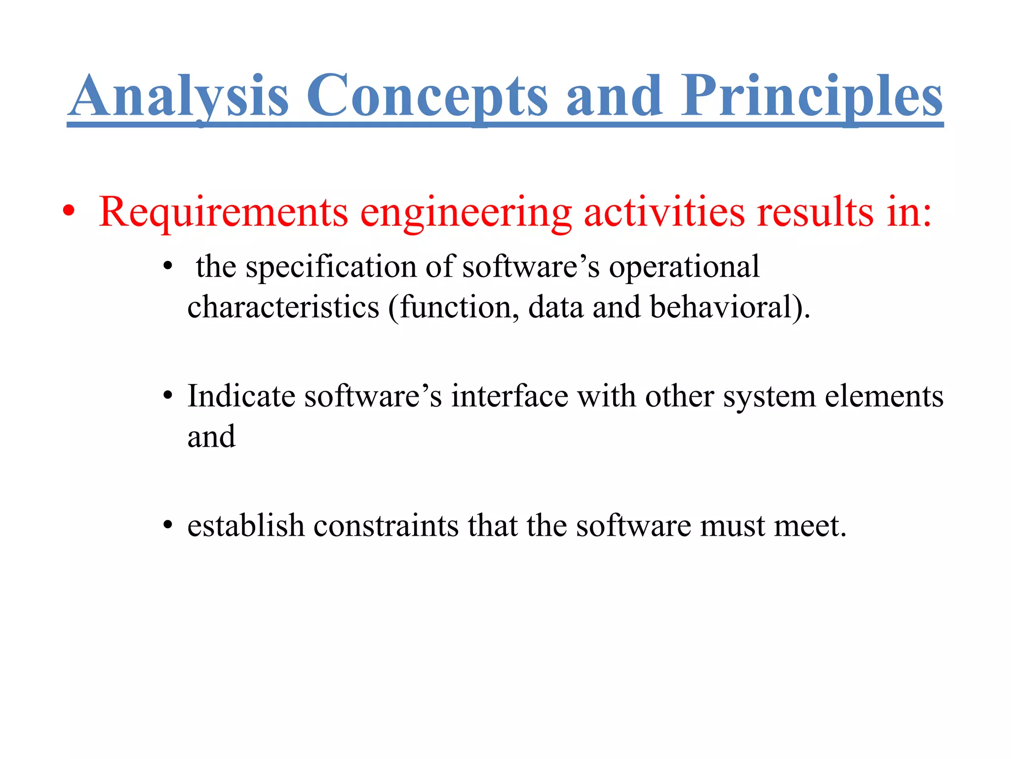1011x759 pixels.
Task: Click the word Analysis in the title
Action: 178,96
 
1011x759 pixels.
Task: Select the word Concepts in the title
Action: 427,96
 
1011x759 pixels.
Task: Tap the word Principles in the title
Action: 812,96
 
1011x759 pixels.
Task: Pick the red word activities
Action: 664,212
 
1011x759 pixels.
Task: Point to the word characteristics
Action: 283,307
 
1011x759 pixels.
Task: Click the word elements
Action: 884,397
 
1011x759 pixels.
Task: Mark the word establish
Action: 245,526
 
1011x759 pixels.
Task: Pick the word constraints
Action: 386,526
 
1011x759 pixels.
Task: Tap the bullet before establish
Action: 168,526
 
